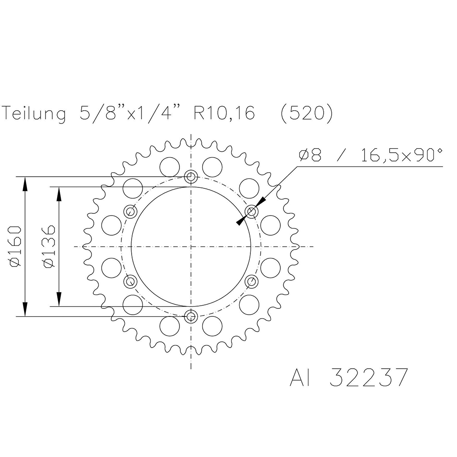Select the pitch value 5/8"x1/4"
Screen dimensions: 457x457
129,114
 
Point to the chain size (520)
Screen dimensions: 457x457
306,114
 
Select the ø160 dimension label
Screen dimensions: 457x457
15,246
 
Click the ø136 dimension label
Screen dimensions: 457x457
49,246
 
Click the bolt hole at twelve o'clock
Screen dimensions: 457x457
191,177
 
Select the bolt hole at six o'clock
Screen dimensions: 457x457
191,316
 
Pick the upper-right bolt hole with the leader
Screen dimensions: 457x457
252,211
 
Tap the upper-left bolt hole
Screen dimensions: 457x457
131,211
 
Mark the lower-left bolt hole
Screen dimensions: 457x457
131,282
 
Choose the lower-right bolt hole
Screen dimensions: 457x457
252,282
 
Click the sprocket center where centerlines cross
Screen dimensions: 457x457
191,246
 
